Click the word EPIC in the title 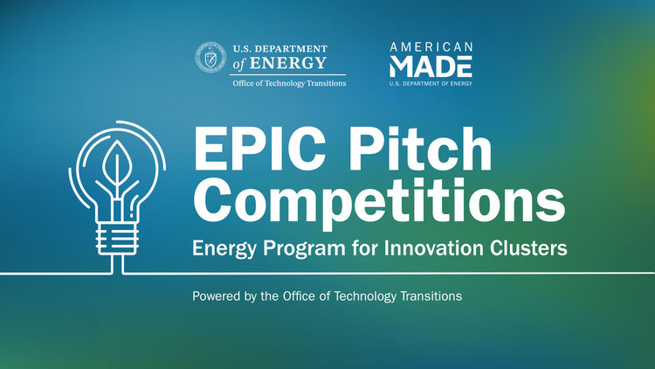tap(259, 149)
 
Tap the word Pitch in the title tap(420, 149)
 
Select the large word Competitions tap(379, 202)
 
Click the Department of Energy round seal tap(210, 58)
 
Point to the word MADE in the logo tap(431, 66)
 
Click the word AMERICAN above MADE tap(431, 46)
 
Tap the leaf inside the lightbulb tap(117, 164)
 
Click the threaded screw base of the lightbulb tap(117, 239)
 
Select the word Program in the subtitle tap(304, 248)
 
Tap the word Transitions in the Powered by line tap(431, 296)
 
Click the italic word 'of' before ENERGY tap(239, 64)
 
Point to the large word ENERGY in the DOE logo tap(288, 63)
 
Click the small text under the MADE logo tap(431, 83)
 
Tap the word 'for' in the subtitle tap(365, 247)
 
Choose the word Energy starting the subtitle tap(224, 248)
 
